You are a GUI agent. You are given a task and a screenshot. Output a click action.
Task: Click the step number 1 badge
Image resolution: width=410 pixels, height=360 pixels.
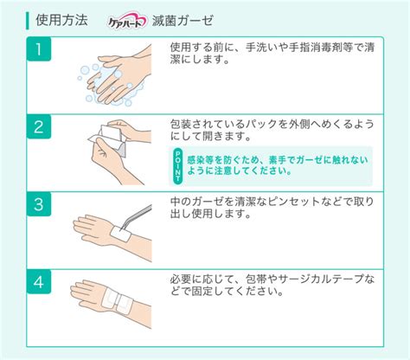(39, 48)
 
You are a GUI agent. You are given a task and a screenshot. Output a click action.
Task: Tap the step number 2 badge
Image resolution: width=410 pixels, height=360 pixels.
(39, 126)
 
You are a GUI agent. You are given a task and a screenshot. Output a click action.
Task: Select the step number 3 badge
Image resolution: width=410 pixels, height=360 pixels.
(39, 204)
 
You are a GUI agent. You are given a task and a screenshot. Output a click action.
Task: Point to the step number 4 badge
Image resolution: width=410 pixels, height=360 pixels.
(39, 281)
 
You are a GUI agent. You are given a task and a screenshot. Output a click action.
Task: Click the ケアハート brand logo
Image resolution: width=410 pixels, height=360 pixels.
(127, 21)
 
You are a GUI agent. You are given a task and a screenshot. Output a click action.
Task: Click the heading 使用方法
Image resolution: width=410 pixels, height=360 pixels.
(61, 20)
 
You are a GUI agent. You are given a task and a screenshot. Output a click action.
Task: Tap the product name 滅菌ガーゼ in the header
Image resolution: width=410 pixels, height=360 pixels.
(183, 21)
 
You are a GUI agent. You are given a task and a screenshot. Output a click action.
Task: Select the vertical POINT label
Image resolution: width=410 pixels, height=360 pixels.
(178, 166)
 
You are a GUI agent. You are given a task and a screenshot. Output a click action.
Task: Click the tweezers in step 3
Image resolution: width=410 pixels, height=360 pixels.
(137, 217)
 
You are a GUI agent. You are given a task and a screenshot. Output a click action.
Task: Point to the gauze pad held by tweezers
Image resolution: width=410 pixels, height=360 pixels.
(121, 234)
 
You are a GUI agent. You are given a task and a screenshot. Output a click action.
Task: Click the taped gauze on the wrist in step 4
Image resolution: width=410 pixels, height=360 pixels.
(117, 301)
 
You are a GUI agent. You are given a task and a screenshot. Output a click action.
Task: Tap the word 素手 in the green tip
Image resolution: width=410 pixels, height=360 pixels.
(278, 159)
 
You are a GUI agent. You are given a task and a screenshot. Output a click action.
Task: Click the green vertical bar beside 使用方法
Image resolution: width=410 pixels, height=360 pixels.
(28, 21)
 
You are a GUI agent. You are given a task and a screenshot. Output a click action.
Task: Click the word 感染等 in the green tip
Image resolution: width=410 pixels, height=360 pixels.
(201, 159)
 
